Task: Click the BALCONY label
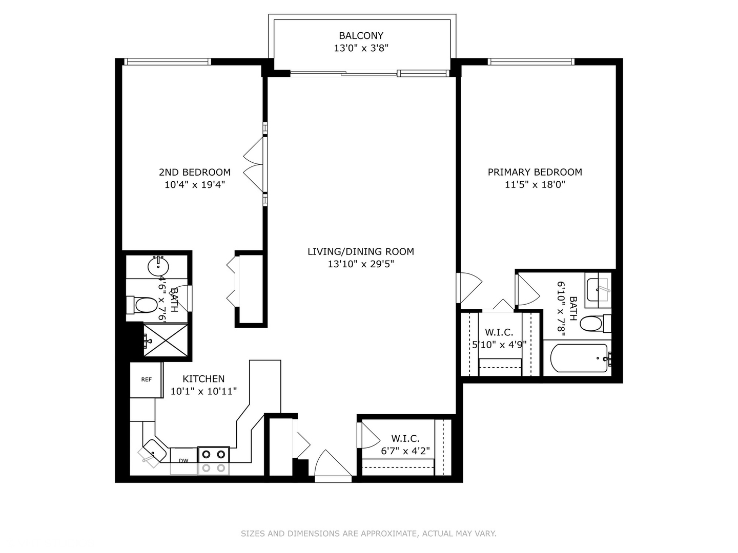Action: point(361,36)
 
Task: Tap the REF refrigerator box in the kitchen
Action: point(146,380)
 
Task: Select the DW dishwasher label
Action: point(183,461)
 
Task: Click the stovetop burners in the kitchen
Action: point(214,461)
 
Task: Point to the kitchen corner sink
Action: point(153,452)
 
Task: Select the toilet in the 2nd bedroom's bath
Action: point(142,305)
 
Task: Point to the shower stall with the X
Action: point(166,340)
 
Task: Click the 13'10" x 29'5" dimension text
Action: point(361,264)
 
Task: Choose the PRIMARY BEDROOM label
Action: point(535,172)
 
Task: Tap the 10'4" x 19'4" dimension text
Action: point(195,185)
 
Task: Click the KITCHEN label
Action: point(203,379)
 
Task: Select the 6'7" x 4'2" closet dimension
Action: point(405,451)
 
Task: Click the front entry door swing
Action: point(333,463)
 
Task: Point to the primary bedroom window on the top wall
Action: point(531,62)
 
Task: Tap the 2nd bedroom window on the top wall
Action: point(168,62)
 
